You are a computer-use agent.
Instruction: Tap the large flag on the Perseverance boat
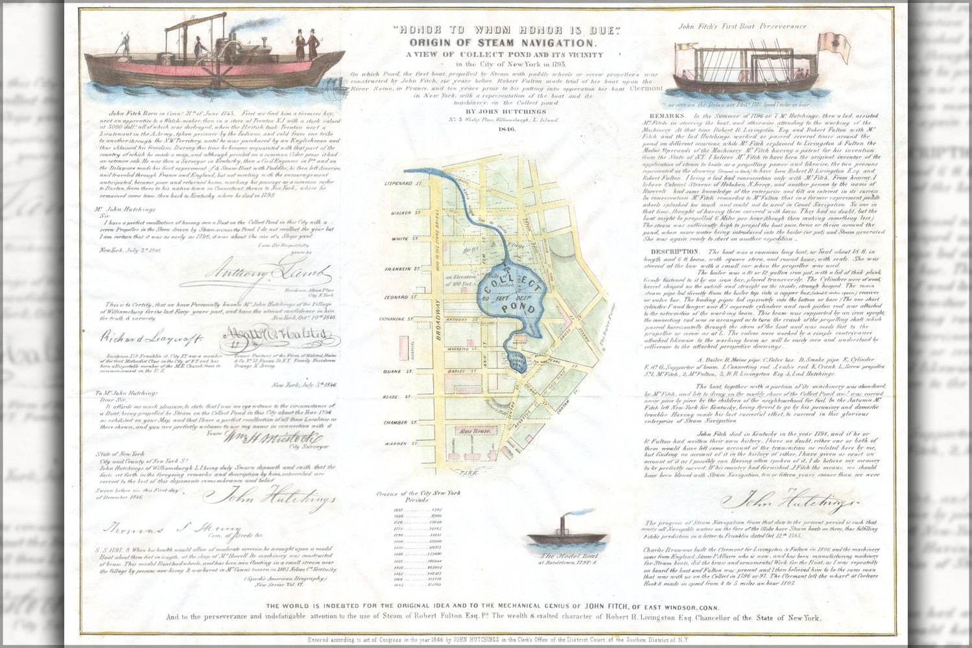point(833,45)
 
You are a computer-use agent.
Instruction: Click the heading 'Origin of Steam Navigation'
point(503,43)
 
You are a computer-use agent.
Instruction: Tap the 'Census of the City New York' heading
point(418,493)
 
